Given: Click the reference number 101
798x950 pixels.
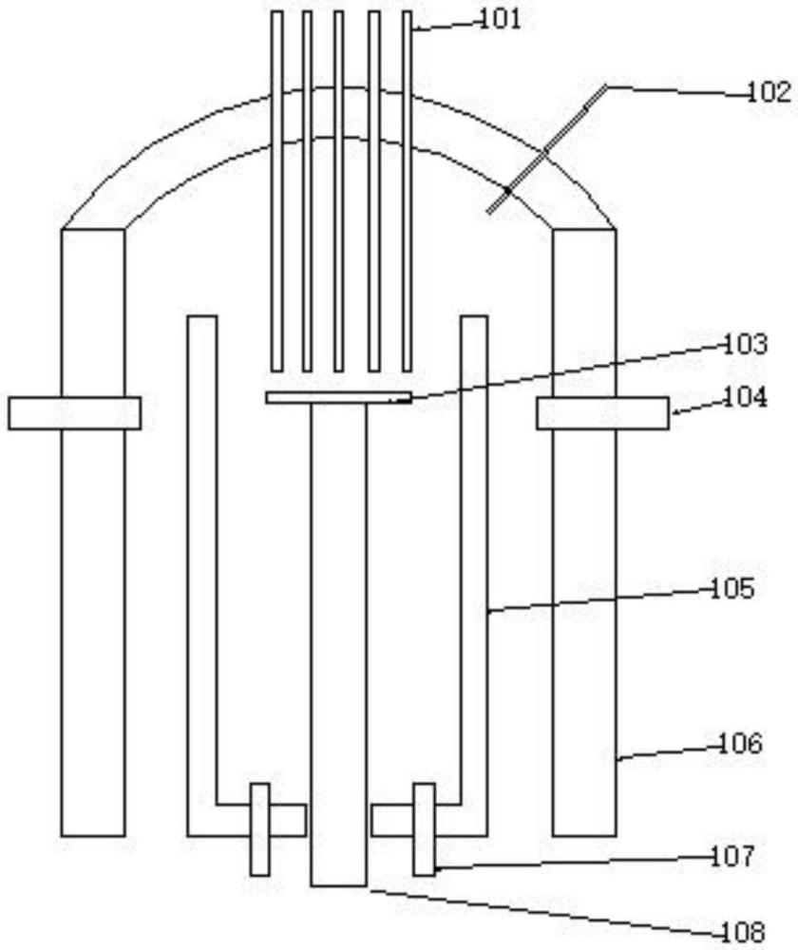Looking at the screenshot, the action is tap(498, 19).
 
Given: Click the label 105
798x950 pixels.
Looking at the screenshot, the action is tap(732, 589).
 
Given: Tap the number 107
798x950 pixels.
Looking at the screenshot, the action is tap(732, 857).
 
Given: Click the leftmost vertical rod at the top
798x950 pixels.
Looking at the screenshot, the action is tap(276, 190).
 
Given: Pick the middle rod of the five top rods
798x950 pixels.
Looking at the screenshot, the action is tap(339, 190).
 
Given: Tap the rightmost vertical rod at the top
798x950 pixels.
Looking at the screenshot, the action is tap(407, 190).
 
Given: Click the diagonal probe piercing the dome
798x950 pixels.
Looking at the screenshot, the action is tap(546, 150).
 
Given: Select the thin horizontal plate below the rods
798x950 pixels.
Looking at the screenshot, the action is tap(338, 397).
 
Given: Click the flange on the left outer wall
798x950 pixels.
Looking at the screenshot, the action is tap(75, 413).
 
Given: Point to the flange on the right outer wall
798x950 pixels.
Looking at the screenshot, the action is tap(601, 413).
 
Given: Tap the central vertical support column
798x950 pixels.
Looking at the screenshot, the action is tap(338, 646).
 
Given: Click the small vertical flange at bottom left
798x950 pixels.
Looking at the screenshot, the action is tap(259, 828).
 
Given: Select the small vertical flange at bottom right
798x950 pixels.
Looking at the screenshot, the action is tap(424, 828).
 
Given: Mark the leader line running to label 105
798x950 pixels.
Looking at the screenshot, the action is tap(598, 600).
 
